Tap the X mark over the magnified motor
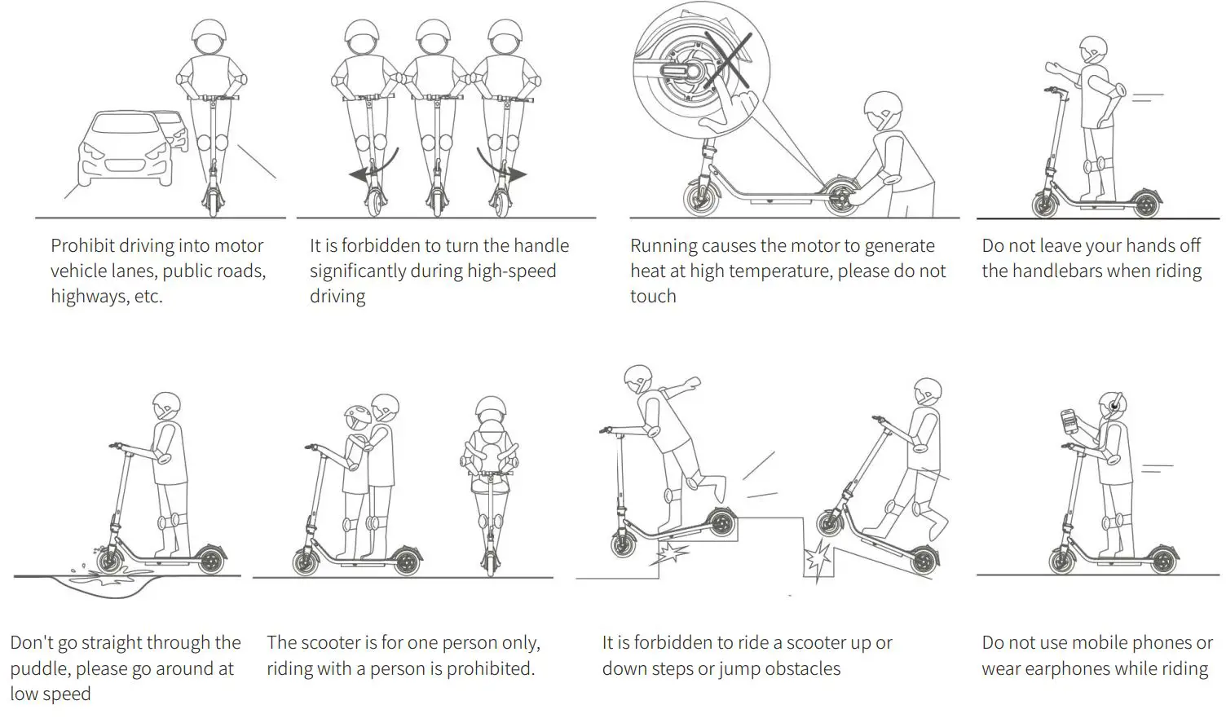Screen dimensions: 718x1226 coord(727,61)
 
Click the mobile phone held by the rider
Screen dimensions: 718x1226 coord(1069,421)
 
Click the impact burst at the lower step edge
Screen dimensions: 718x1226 coord(817,562)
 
